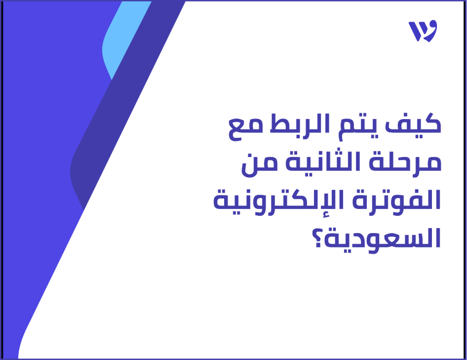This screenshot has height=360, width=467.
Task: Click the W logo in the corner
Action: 423,32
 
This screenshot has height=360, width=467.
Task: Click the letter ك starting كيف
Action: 428,125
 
